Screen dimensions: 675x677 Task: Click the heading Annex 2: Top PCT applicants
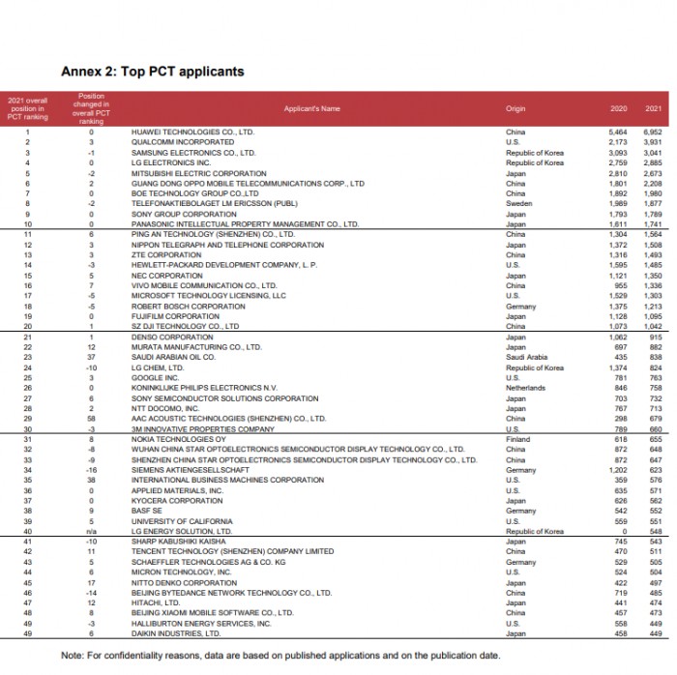click(152, 72)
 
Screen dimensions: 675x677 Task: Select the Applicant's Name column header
click(312, 109)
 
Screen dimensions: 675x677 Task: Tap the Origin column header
click(515, 109)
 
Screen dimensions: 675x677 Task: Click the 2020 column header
click(619, 109)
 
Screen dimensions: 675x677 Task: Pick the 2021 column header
click(652, 109)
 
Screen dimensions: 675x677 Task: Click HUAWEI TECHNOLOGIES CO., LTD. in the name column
click(192, 131)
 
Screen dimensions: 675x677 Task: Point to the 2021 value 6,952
click(652, 131)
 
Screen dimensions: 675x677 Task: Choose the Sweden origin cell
click(518, 204)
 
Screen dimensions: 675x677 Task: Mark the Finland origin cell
click(517, 438)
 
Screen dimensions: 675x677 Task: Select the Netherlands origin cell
click(525, 387)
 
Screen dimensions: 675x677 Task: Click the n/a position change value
click(90, 531)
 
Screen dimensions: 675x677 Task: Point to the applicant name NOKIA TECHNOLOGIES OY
click(179, 438)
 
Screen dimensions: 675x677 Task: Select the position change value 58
click(90, 418)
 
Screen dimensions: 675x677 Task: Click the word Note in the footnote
click(72, 655)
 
